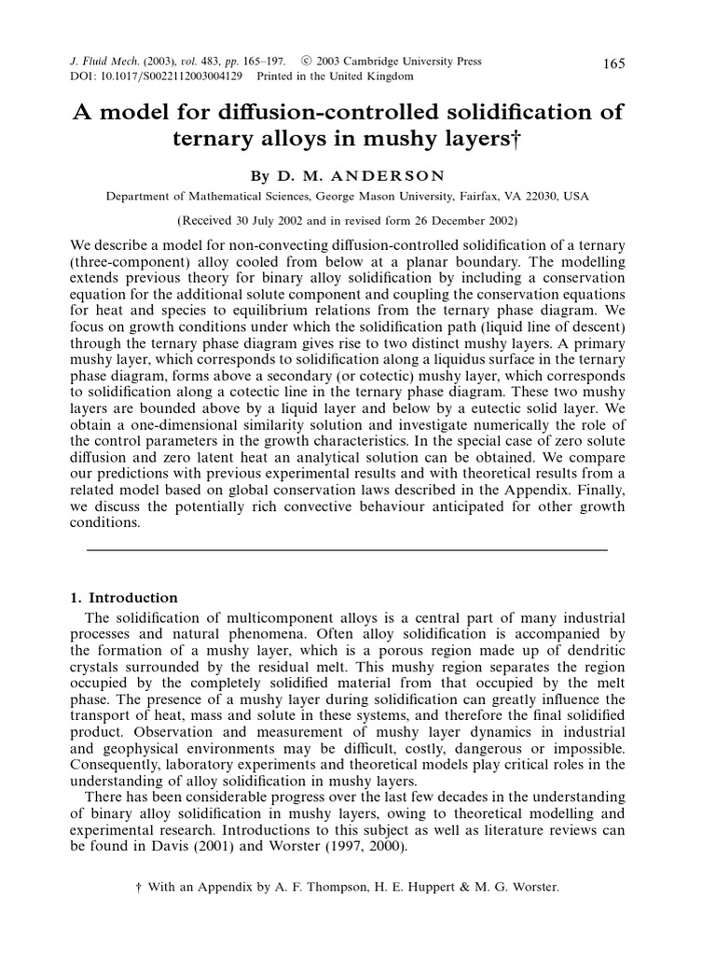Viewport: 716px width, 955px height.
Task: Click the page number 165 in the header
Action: click(614, 63)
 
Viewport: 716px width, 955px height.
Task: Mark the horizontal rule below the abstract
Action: click(346, 549)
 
